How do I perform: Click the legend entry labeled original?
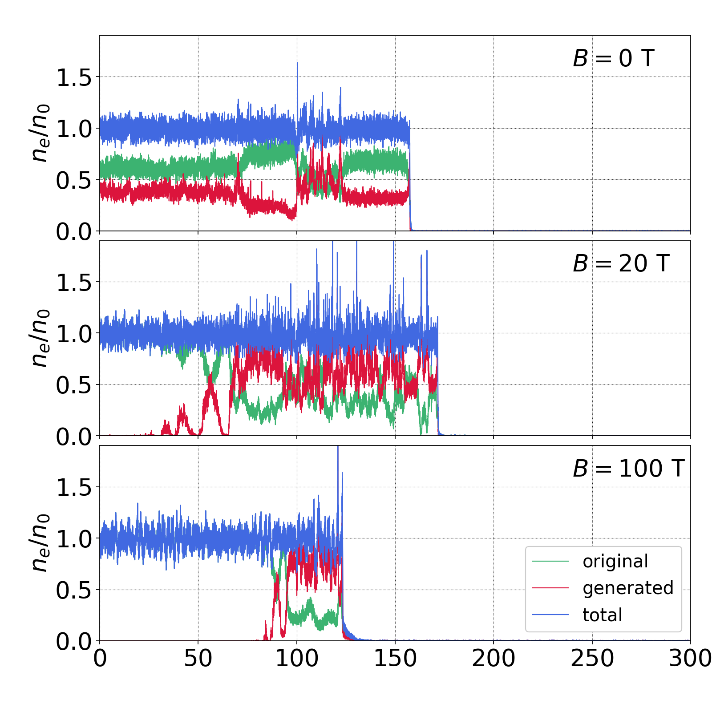(615, 562)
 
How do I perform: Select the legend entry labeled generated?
(627, 588)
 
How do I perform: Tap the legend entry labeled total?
(602, 615)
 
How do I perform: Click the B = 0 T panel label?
(613, 58)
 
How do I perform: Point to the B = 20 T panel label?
(621, 263)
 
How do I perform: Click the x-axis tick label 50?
(198, 658)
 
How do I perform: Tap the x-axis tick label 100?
(297, 658)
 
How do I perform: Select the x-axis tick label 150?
(395, 658)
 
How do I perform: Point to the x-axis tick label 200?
(494, 658)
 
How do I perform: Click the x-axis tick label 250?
(592, 658)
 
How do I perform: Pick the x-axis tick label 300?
(690, 658)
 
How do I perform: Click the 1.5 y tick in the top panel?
(73, 77)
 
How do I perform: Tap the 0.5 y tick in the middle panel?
(73, 385)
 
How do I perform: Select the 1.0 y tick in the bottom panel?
(73, 539)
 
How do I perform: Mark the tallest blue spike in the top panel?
(297, 64)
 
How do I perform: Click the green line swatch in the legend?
(550, 562)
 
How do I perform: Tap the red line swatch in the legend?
(550, 588)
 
